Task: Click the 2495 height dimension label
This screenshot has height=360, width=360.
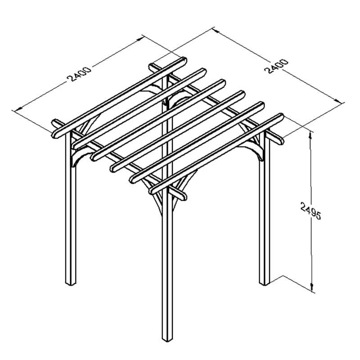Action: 311,211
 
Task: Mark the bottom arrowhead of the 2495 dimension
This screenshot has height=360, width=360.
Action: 312,288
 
